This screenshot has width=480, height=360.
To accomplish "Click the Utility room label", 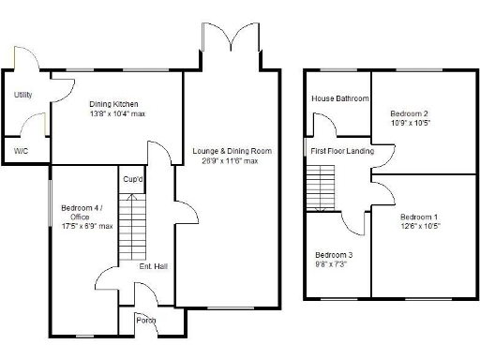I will point(22,95).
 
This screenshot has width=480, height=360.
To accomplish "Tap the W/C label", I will point(21,150).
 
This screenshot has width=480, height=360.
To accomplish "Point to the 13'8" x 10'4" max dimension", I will point(116,113).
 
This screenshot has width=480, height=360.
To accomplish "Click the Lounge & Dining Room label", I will point(232,151).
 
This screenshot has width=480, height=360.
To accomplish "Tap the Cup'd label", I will point(132,179).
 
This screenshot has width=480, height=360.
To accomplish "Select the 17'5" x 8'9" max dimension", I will point(86,226).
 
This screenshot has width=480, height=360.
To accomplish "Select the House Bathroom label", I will point(340,98).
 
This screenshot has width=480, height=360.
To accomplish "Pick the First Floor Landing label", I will point(342,151).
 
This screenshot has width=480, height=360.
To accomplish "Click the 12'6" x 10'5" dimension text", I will point(418,226).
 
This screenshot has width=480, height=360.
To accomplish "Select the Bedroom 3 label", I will point(334,255).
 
